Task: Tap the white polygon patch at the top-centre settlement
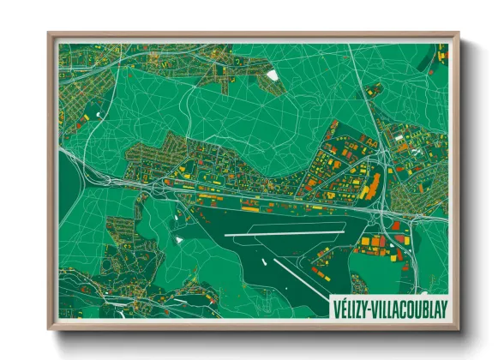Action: click(x=273, y=75)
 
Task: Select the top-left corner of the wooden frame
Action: click(x=50, y=34)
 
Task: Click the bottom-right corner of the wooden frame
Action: click(x=458, y=328)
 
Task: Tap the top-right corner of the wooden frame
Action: click(x=458, y=34)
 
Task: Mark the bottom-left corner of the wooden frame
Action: click(x=50, y=328)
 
